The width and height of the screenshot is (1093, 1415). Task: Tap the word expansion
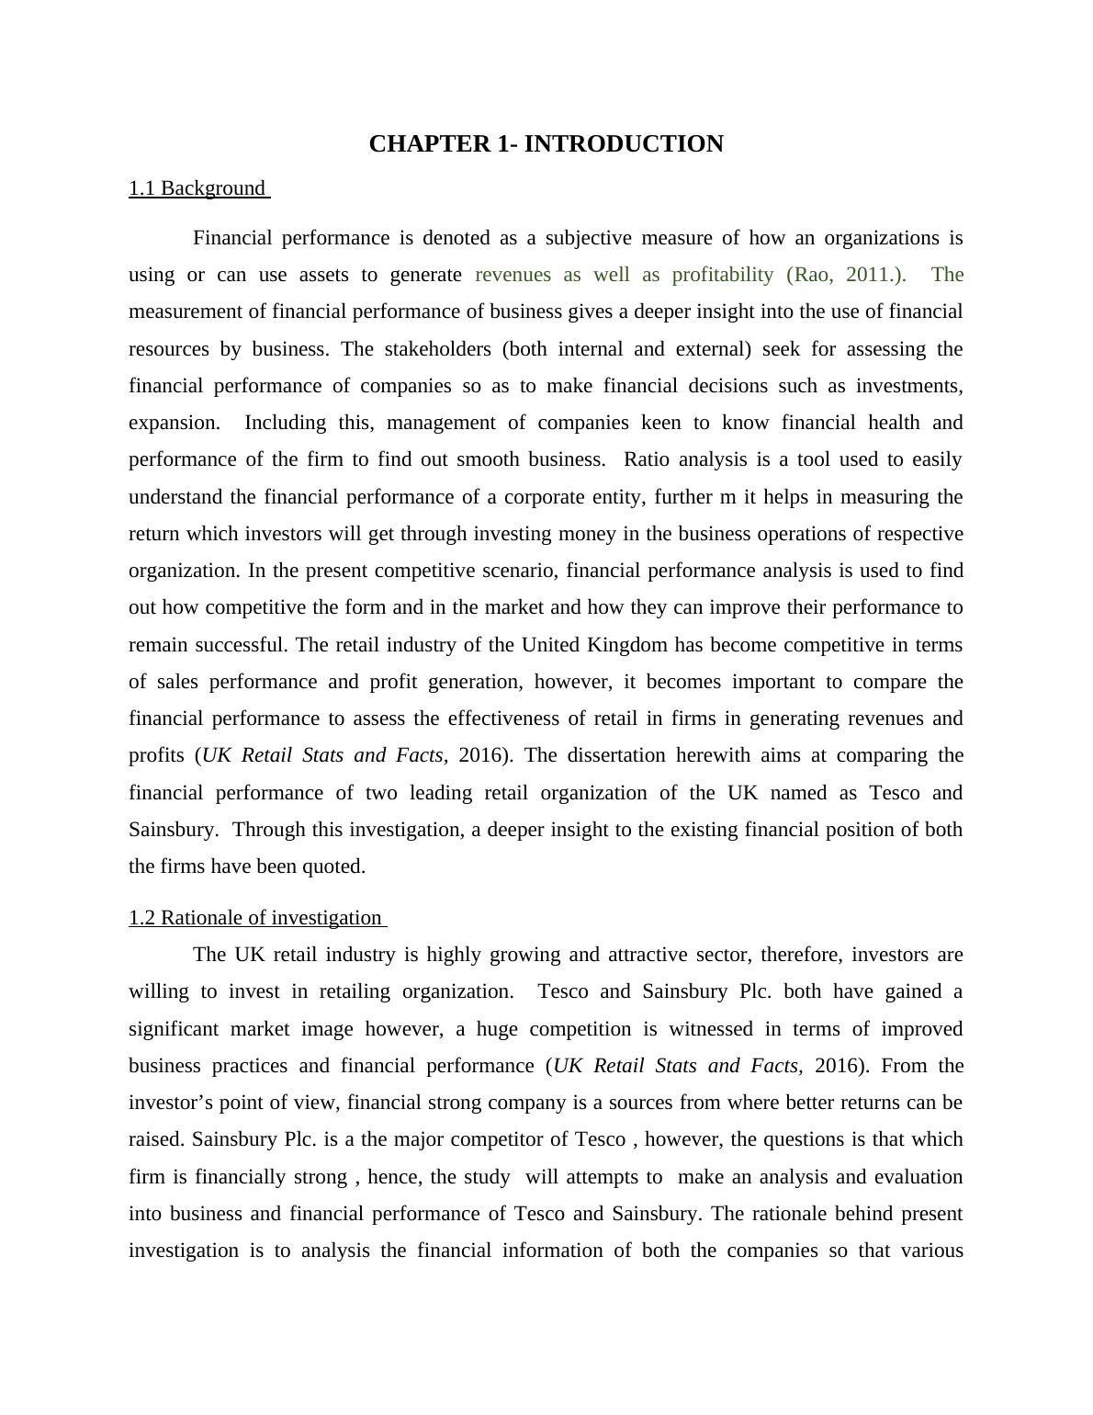[174, 423]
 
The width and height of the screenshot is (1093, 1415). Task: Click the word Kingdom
[625, 645]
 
